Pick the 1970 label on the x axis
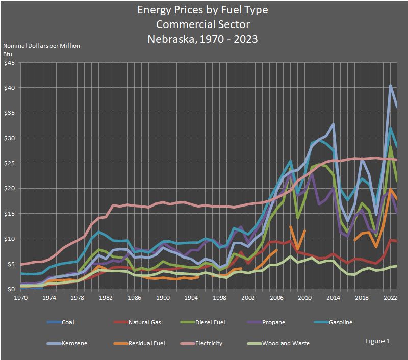pos(21,297)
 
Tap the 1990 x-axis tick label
pos(163,297)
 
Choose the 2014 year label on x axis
pos(333,297)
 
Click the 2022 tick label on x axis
pos(390,297)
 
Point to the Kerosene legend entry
pos(74,343)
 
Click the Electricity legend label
pos(208,343)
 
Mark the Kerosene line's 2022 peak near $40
pos(390,86)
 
